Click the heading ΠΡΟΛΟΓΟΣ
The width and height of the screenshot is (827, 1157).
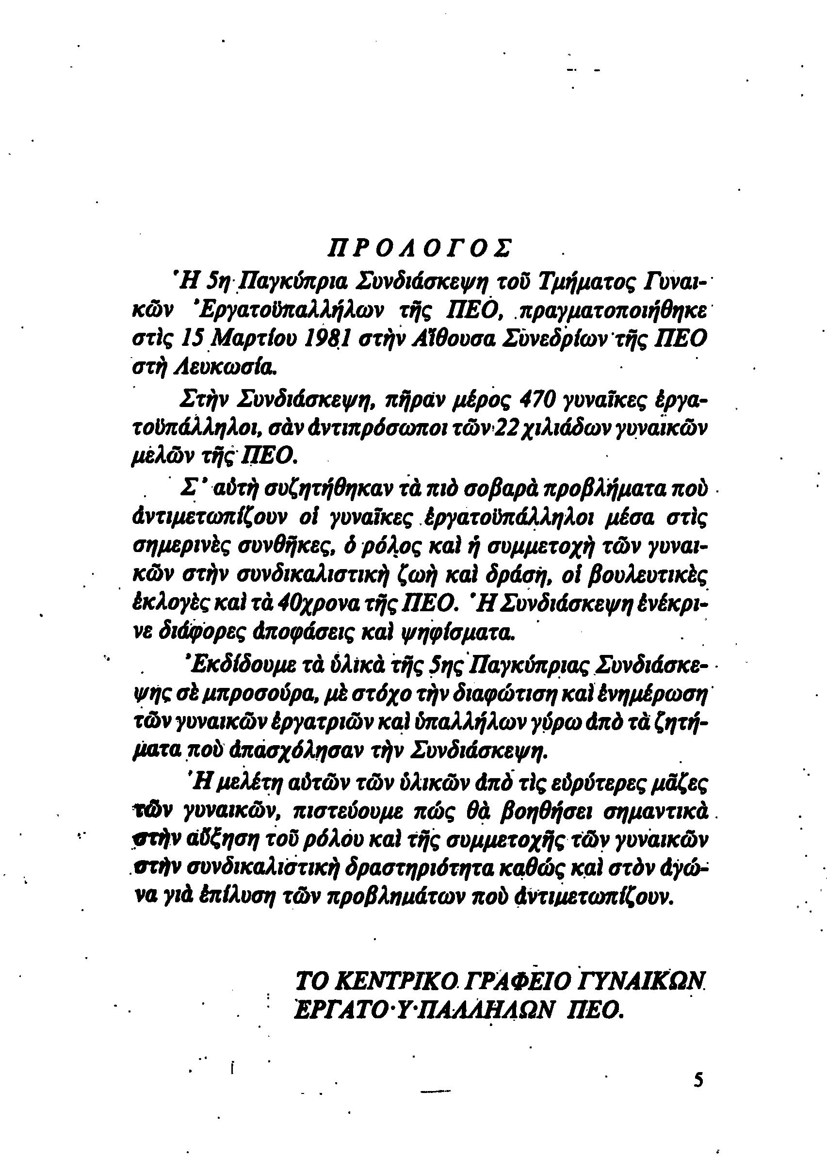421,247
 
